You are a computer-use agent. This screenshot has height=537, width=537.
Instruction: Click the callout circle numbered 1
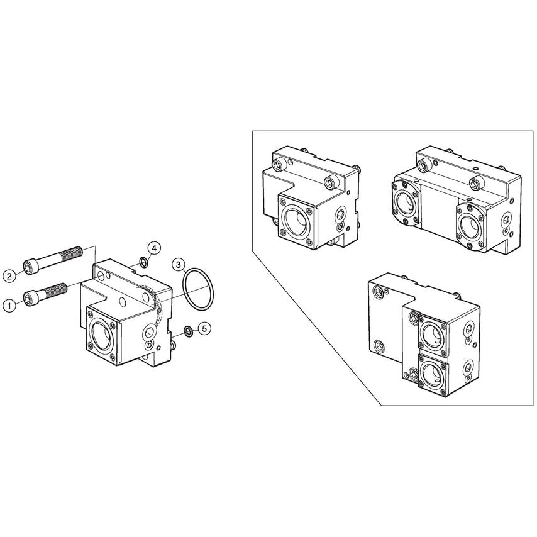pyautogui.click(x=9, y=305)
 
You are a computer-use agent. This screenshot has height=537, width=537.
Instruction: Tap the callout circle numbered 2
pyautogui.click(x=9, y=275)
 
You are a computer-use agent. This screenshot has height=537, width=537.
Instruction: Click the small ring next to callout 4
pyautogui.click(x=144, y=262)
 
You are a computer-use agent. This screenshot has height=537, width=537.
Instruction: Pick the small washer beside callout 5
pyautogui.click(x=187, y=331)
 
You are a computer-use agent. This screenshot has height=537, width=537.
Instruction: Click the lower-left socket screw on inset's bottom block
pyautogui.click(x=378, y=345)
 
